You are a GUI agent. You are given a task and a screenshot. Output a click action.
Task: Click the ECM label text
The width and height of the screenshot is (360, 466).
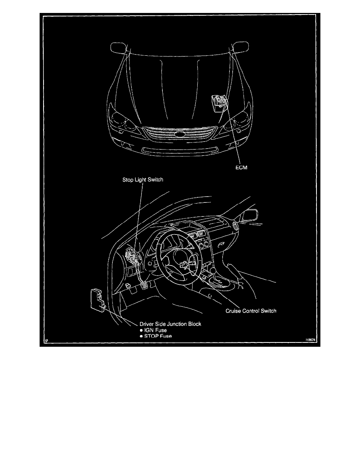pos(241,167)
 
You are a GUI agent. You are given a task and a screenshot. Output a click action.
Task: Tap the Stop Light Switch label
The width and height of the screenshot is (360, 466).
pos(143,180)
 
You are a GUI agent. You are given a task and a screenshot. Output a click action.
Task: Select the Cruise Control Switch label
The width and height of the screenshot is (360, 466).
pos(251,311)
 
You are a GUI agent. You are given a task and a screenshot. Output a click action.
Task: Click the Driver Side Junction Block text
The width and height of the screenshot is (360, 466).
pos(171,324)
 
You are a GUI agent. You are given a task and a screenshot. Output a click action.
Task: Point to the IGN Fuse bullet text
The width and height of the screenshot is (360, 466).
pos(155,330)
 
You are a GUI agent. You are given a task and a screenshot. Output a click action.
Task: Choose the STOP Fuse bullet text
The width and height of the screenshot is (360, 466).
pos(158,336)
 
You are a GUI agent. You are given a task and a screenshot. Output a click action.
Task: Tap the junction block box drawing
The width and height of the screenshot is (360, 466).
pos(97,300)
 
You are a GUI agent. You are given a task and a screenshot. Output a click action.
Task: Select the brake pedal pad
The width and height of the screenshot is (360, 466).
pos(144,287)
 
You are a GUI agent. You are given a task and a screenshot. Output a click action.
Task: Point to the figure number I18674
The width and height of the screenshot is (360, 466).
pos(310,340)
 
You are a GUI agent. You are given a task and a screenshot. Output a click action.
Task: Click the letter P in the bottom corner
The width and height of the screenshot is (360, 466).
pos(47,340)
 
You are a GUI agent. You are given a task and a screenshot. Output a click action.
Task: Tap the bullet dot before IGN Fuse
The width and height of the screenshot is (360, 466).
pos(142,330)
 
